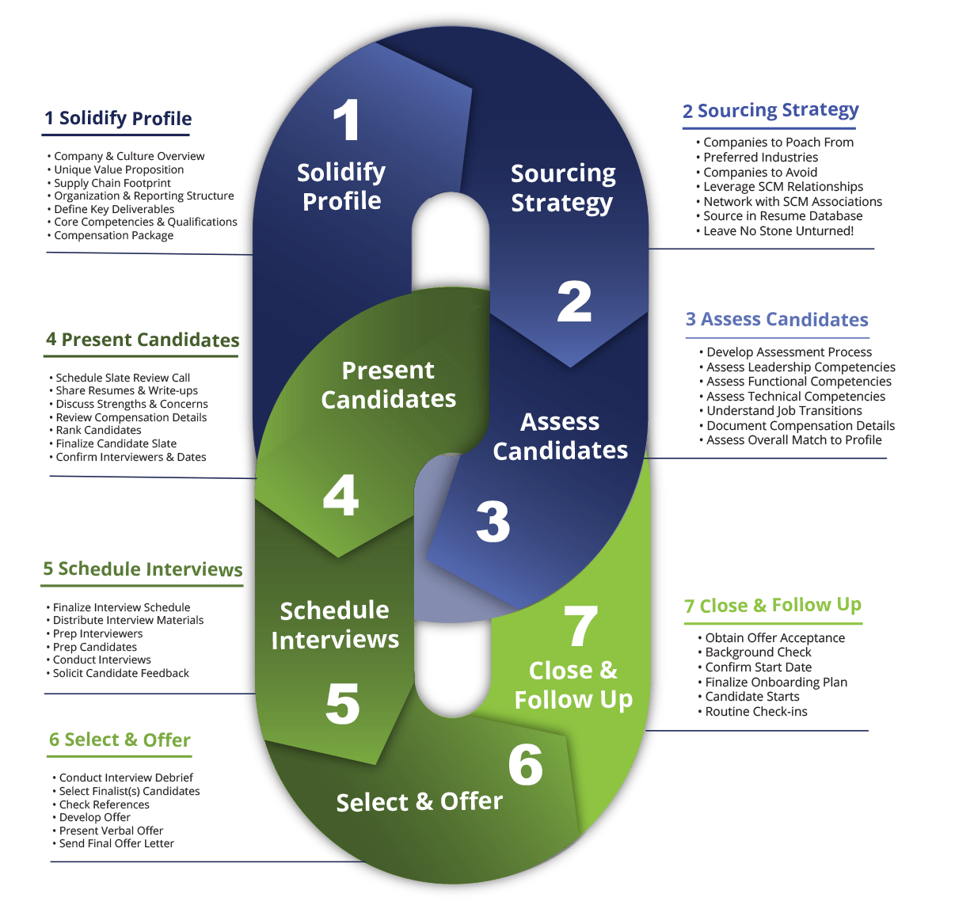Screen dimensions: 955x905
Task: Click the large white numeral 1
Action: (346, 119)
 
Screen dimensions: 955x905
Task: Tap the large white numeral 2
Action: (574, 301)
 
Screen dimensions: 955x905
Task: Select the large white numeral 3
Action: (493, 521)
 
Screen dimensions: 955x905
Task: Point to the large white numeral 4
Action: (341, 495)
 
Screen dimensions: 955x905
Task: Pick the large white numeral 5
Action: (342, 703)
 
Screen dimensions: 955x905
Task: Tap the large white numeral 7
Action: (580, 626)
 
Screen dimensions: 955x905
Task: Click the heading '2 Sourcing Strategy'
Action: (770, 111)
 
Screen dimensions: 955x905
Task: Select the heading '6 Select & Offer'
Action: (120, 740)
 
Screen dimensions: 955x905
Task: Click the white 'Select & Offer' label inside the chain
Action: (419, 802)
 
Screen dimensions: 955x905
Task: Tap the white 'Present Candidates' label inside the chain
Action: (388, 385)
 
